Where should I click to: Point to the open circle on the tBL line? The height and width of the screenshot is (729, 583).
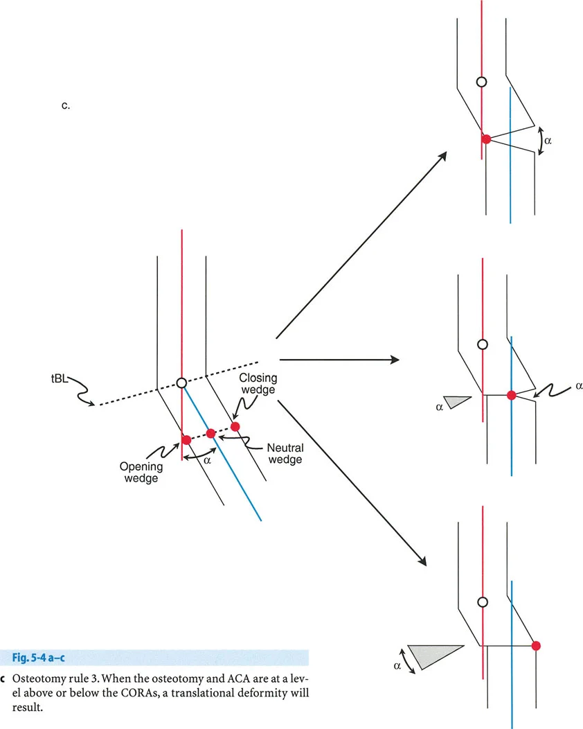pos(181,383)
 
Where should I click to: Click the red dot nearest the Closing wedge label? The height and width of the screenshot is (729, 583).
pos(235,426)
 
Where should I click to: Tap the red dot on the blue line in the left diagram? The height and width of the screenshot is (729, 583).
pos(211,433)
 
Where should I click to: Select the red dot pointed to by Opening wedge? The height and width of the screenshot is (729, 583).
pos(186,439)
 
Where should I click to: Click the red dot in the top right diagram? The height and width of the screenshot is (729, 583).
pos(487,139)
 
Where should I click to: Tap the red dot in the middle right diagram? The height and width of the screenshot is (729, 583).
pos(511,395)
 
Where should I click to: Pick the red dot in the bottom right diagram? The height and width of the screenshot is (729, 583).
pos(536,645)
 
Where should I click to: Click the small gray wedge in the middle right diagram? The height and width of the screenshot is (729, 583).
pos(458,401)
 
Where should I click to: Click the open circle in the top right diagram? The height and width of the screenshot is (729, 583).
pos(482,82)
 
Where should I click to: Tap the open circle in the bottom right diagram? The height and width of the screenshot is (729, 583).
pos(483,601)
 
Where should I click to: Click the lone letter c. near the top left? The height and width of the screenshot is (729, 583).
pos(65,107)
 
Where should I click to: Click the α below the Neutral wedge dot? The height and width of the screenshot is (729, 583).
pos(206,458)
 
